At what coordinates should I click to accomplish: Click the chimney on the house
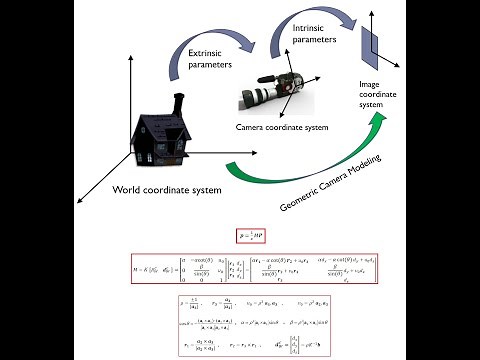[177, 104]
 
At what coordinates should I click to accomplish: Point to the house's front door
[166, 152]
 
